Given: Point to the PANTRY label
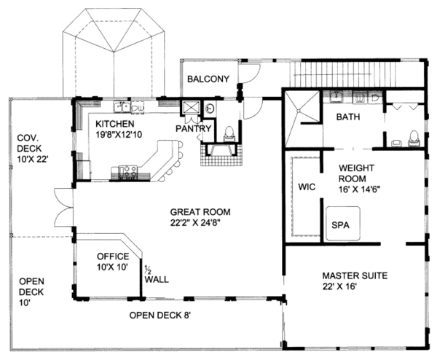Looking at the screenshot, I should click(x=194, y=129).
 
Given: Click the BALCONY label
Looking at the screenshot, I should click(x=208, y=79).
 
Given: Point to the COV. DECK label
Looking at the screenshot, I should click(x=31, y=143).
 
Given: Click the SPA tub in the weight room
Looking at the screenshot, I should click(x=340, y=225).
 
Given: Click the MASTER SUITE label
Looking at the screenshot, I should click(x=354, y=277).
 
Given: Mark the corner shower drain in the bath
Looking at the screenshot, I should click(x=301, y=107).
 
